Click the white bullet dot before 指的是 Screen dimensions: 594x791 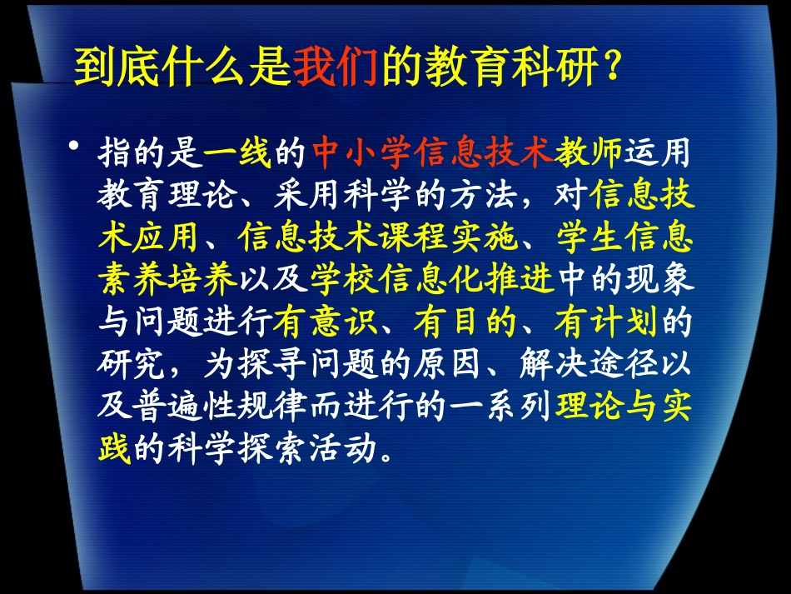tap(76, 148)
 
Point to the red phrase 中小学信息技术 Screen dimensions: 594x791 tap(432, 152)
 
